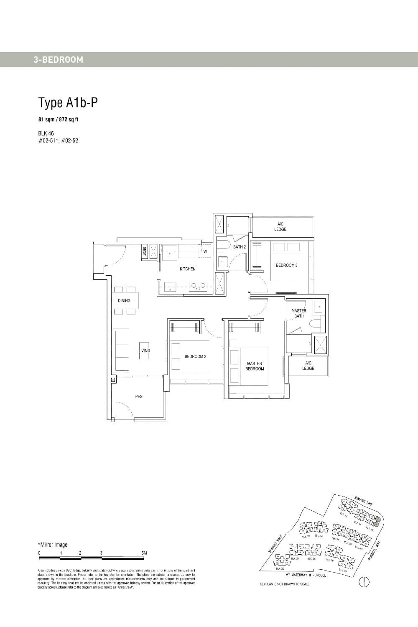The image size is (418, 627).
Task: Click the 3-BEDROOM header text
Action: [x=59, y=60]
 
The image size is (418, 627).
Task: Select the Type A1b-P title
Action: [x=68, y=102]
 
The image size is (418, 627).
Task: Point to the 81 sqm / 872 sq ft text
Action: [x=59, y=120]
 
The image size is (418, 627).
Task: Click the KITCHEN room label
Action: [x=188, y=269]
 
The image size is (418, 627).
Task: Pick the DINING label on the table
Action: [x=124, y=300]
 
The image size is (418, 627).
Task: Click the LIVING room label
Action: [x=144, y=351]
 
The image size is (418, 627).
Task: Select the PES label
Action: [x=139, y=396]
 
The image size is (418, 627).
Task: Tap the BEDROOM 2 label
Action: [x=196, y=357]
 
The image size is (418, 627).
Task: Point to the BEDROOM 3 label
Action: [x=287, y=266]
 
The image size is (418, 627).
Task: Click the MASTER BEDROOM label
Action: [x=255, y=366]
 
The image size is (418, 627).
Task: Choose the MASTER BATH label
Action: [x=299, y=313]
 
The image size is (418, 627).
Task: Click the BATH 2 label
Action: [x=240, y=247]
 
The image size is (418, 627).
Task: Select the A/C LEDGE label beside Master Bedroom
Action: [x=308, y=366]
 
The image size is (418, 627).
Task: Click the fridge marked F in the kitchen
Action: [x=169, y=253]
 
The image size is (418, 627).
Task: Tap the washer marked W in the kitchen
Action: [x=205, y=252]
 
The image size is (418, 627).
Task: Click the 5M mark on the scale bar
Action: [x=145, y=553]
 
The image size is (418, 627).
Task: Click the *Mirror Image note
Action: [x=53, y=545]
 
